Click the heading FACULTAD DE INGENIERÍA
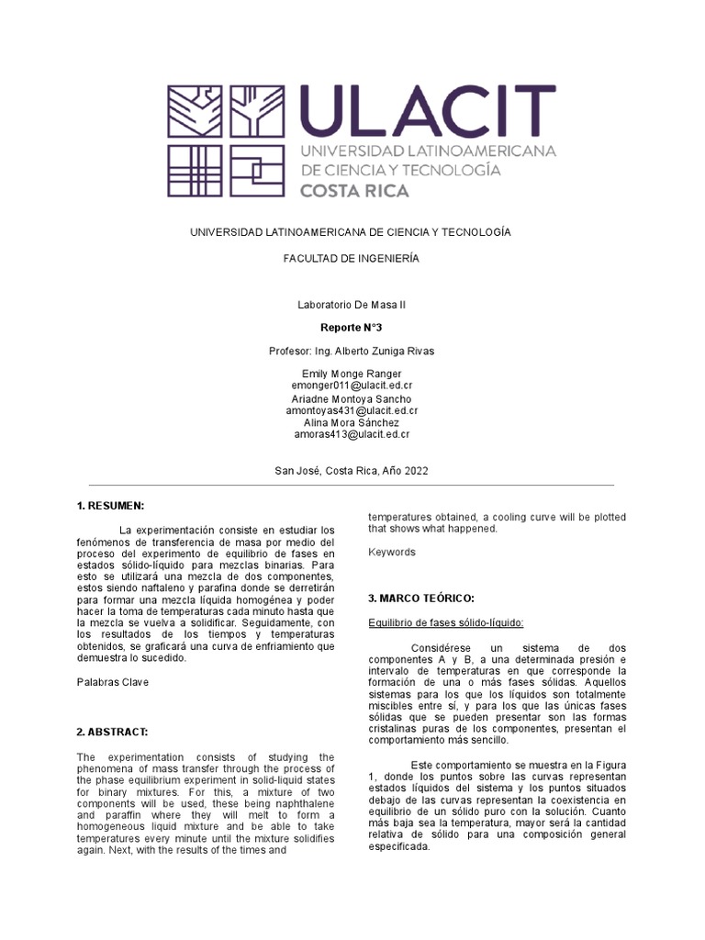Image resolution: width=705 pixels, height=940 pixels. [351, 259]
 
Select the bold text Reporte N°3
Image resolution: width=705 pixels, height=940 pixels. [351, 328]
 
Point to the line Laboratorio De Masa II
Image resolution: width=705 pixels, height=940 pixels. [351, 304]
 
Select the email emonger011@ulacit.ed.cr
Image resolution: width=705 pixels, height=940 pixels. [351, 386]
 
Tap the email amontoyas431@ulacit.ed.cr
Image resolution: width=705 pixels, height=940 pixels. [351, 410]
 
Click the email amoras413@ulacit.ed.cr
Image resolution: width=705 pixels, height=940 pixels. [351, 434]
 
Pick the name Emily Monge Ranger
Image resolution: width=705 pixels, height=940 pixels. [351, 375]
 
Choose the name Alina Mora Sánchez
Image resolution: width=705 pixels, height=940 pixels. [351, 422]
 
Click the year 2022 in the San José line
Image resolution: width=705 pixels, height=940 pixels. [415, 470]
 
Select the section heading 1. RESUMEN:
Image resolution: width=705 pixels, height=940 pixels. [111, 506]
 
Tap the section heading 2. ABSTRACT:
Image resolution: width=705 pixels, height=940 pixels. [113, 732]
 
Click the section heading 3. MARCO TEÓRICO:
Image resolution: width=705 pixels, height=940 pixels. [420, 599]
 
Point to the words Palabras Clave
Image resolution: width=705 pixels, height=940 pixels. [111, 682]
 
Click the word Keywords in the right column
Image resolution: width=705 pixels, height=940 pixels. [392, 553]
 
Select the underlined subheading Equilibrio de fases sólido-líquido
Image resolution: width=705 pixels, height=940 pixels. [445, 623]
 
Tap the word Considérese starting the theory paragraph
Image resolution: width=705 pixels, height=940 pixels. [445, 647]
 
